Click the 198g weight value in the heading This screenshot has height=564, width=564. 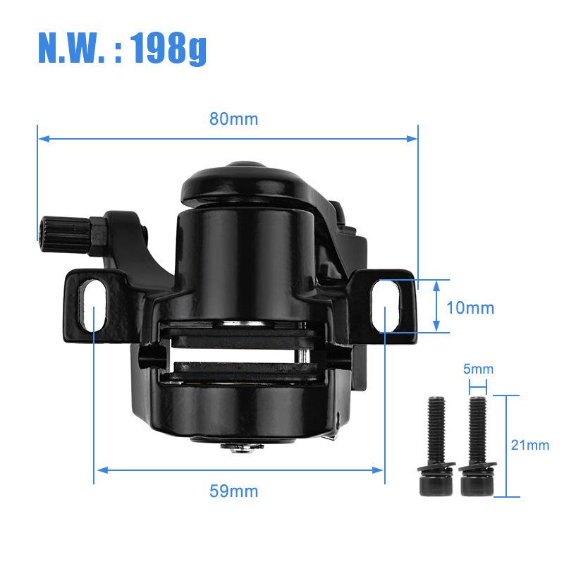coord(168,48)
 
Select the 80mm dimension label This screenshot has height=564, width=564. coord(234,119)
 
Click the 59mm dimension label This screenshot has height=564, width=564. coord(234,491)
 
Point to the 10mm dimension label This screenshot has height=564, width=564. coord(470,308)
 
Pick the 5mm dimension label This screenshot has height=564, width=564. coord(478,369)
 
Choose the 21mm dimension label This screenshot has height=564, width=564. coord(530,445)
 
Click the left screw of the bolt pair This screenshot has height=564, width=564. coord(436,446)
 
